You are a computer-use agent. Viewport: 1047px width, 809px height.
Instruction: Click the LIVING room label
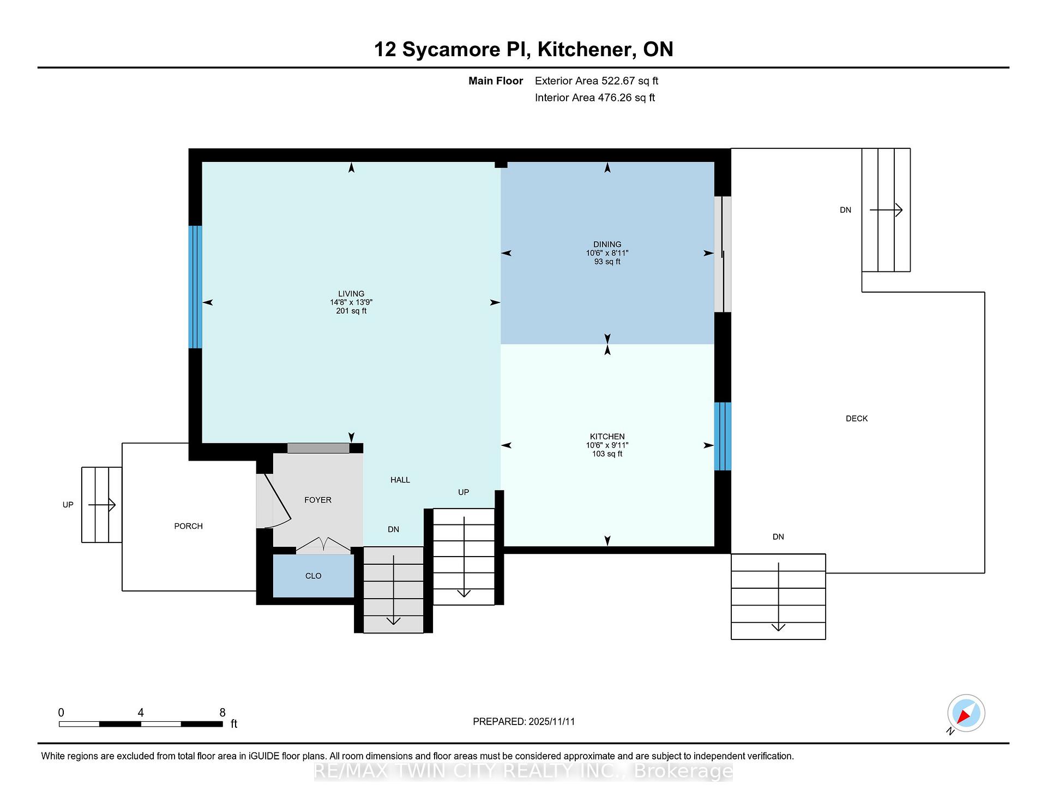tap(351, 294)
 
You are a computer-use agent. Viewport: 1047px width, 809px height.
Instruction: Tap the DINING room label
tap(607, 244)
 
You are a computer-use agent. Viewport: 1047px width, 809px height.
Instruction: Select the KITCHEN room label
tap(607, 437)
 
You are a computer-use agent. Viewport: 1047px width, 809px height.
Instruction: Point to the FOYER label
tap(318, 500)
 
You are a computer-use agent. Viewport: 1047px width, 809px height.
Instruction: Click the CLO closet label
tap(314, 576)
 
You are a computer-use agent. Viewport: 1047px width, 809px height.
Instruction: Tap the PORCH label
tap(189, 526)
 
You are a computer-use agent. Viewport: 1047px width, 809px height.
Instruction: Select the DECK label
tap(857, 419)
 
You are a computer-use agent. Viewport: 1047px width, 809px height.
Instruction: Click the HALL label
tap(400, 480)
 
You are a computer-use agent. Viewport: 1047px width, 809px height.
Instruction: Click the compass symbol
tap(966, 714)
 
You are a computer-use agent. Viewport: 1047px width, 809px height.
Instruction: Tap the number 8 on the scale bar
tap(222, 713)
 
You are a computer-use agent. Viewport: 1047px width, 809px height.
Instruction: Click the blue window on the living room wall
tap(195, 287)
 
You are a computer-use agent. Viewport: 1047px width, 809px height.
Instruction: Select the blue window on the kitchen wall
tap(723, 436)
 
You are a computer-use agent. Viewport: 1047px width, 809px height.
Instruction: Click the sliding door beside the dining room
tap(723, 254)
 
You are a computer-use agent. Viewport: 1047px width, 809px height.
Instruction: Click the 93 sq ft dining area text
tap(607, 262)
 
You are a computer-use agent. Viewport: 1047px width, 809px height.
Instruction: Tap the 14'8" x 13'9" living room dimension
tap(351, 303)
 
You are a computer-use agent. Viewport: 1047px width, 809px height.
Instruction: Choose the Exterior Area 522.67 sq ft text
tap(597, 81)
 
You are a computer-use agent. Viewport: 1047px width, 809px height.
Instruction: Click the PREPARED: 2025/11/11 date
tap(524, 722)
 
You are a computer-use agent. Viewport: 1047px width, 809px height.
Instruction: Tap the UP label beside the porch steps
tap(68, 505)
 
